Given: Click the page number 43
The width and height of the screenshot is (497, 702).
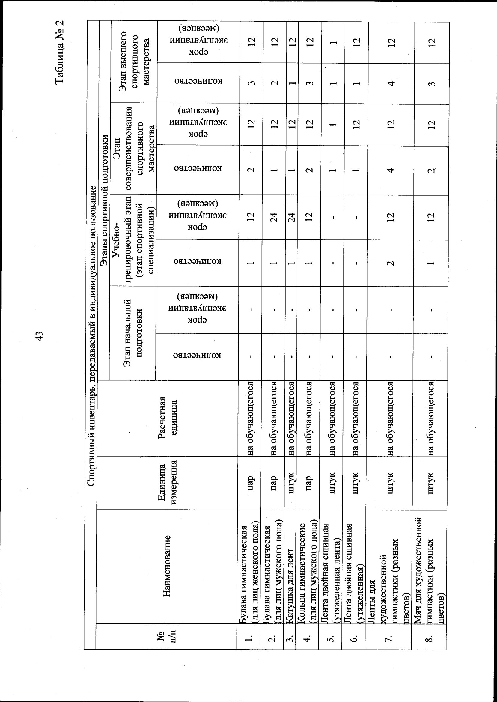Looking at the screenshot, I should pos(40,339).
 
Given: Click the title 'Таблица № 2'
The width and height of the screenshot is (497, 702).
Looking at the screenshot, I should pos(59,52).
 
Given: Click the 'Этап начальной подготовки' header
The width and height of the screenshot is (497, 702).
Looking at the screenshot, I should pos(132,333).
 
